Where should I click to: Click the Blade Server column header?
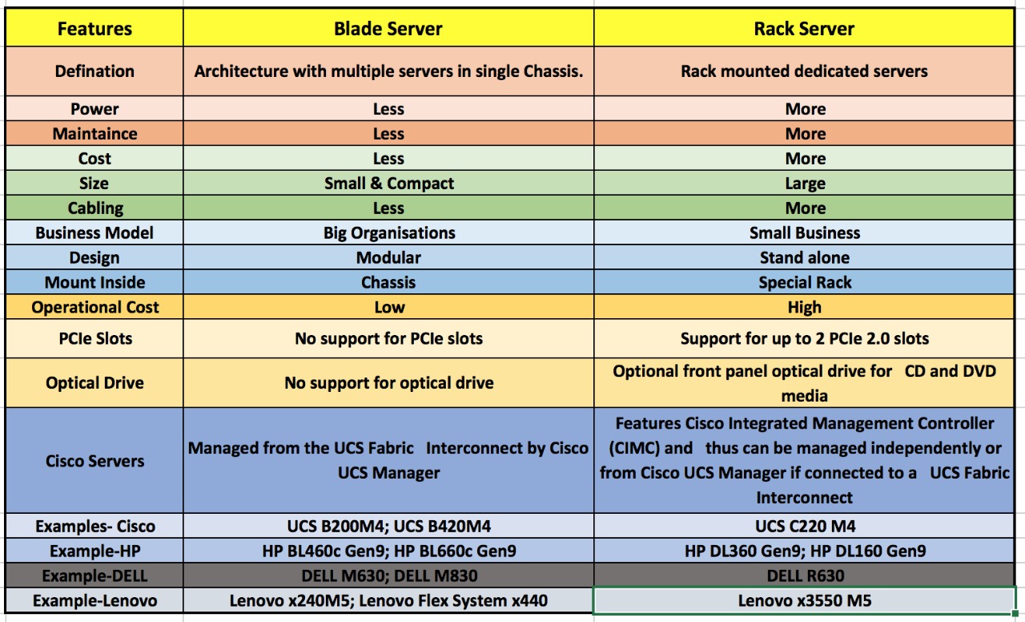click(388, 29)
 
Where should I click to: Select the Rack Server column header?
click(804, 29)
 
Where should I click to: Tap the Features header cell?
click(94, 29)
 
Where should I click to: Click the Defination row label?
click(94, 71)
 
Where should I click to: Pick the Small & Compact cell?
click(389, 184)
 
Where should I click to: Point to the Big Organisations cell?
click(389, 233)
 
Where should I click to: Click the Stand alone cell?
click(805, 257)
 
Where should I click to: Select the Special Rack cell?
click(805, 283)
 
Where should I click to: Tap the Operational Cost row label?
click(94, 307)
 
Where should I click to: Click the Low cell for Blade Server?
click(389, 307)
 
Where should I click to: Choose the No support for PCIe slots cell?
click(388, 338)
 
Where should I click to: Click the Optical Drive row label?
click(94, 383)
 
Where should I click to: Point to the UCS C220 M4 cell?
click(805, 527)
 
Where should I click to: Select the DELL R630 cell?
click(805, 576)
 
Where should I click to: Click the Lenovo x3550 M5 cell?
click(805, 600)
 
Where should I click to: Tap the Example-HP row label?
click(94, 551)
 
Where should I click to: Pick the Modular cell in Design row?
click(388, 257)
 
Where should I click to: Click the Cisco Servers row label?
click(94, 461)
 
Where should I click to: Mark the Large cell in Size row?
click(805, 184)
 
